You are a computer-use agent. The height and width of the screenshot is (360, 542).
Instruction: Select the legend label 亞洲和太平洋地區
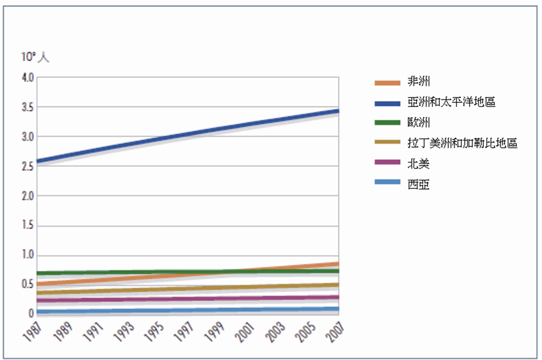451,101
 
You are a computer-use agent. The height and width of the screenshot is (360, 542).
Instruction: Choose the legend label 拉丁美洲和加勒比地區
462,143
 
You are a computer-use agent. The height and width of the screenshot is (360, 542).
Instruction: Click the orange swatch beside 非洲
387,82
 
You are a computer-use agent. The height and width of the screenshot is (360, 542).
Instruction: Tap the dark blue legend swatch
387,102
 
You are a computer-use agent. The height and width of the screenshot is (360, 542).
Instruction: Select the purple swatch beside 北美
387,164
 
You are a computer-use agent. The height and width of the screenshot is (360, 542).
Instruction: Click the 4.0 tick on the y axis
28,78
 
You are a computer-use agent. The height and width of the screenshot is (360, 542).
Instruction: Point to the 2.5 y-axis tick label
28,166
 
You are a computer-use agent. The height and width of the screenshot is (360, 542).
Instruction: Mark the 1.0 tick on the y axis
28,255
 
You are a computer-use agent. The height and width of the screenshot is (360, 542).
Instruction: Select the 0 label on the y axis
31,314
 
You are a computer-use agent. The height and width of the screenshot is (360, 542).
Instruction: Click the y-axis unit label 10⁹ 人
35,57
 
